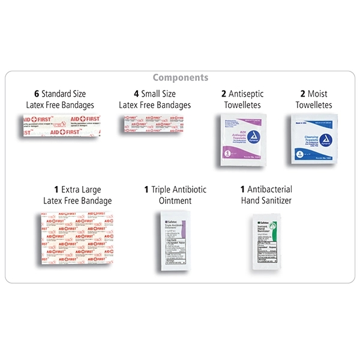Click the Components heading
(x=180, y=77)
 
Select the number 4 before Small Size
(x=136, y=94)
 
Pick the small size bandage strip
(x=154, y=125)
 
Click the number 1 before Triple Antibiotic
(x=146, y=190)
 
